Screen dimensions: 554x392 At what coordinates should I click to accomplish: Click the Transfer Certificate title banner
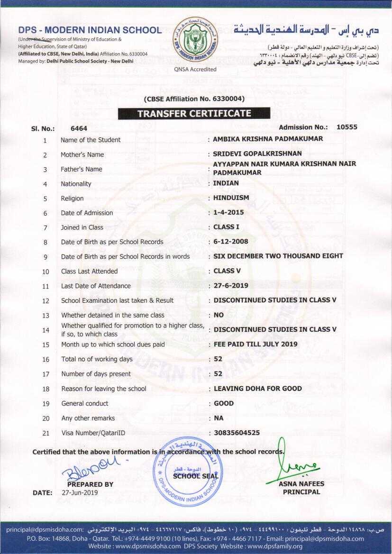[x=194, y=114]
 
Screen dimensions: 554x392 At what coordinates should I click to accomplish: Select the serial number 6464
[x=79, y=128]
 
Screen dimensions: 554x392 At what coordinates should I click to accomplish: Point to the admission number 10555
[x=347, y=127]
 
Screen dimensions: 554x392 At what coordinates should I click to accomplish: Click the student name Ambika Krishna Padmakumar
[x=268, y=139]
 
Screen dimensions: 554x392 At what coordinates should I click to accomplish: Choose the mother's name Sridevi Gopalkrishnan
[x=257, y=154]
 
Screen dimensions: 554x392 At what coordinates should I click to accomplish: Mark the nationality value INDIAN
[x=226, y=183]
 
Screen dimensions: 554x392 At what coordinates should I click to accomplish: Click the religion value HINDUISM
[x=231, y=198]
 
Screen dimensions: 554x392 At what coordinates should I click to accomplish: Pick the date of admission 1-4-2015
[x=228, y=212]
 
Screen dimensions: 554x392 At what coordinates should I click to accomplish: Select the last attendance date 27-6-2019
[x=231, y=285]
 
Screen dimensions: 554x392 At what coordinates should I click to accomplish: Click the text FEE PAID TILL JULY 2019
[x=256, y=344]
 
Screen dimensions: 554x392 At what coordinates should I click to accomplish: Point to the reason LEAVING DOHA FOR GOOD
[x=258, y=389]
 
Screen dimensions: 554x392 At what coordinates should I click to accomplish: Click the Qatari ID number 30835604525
[x=237, y=433]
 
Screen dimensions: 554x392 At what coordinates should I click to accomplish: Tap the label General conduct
[x=85, y=403]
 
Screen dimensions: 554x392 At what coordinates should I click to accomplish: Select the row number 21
[x=46, y=433]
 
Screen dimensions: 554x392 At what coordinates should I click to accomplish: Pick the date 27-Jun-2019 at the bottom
[x=80, y=492]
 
